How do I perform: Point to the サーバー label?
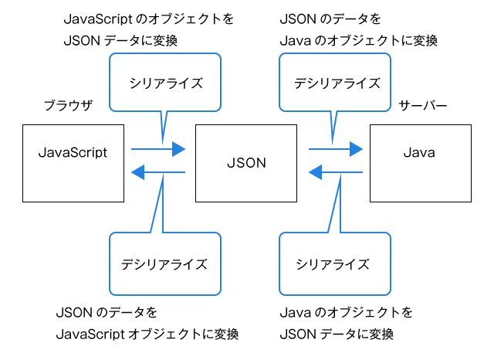point(422,106)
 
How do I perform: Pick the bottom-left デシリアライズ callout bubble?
point(164,263)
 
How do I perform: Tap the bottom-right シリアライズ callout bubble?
point(333,263)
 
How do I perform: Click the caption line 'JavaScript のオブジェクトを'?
point(139,18)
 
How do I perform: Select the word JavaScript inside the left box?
point(73,152)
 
